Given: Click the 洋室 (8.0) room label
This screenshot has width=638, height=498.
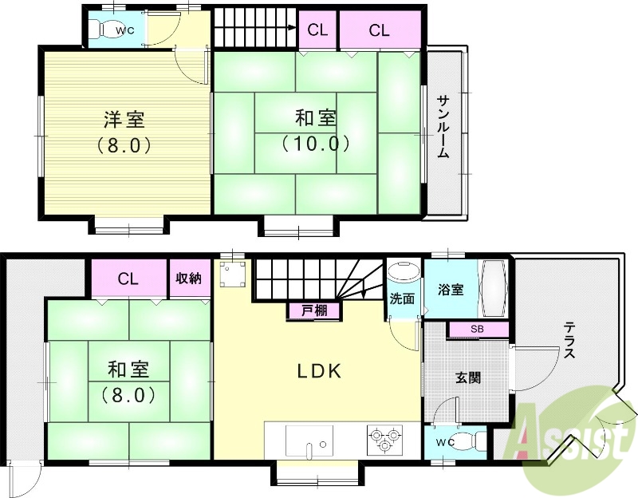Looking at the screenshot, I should tap(124, 132).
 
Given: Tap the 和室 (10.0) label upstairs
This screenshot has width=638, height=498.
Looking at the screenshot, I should tap(315, 131).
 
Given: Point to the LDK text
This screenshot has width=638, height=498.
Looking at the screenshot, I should tap(320, 371).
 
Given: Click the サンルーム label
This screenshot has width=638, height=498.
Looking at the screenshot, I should tap(443, 128).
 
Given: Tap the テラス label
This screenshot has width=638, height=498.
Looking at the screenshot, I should tap(569, 340).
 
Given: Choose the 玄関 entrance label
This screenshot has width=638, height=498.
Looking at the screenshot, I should tap(467, 378).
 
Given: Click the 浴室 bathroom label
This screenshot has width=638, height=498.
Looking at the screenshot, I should tap(451, 290).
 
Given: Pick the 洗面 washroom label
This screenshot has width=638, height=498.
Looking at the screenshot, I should tap(402, 299).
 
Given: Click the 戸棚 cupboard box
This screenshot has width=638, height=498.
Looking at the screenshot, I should tap(313, 311).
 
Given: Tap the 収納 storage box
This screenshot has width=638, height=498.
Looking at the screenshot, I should tap(188, 279).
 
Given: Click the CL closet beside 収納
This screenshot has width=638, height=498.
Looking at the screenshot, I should tap(128, 279).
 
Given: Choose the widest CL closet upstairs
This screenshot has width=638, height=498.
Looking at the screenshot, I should tap(380, 31).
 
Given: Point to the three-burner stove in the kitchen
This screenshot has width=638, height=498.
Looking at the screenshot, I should tap(385, 440).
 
